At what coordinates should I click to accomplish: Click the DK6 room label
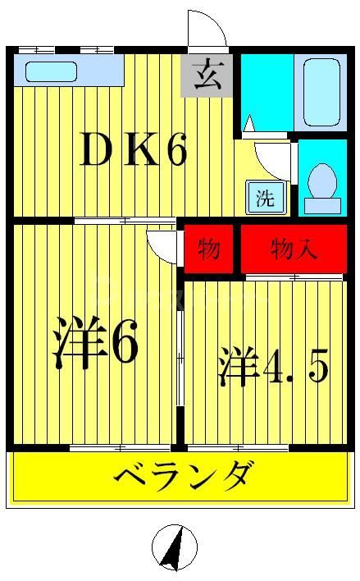[x=133, y=150]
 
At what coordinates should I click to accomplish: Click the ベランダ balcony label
[x=184, y=476]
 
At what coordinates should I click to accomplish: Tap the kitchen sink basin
[x=51, y=71]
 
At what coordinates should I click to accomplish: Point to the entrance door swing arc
[x=207, y=29]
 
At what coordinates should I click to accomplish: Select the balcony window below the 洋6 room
[x=120, y=448]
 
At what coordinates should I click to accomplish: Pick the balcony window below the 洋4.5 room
[x=239, y=448]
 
